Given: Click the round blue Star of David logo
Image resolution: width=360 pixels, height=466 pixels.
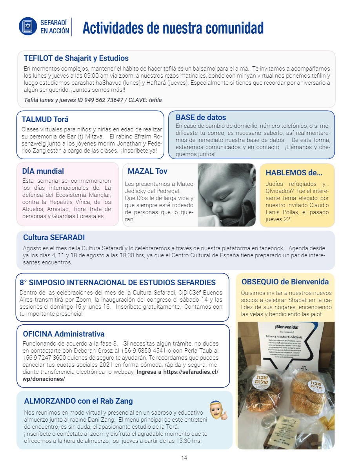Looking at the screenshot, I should [x=27, y=26].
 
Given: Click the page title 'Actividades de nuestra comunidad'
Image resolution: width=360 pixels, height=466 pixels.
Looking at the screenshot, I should [x=173, y=28].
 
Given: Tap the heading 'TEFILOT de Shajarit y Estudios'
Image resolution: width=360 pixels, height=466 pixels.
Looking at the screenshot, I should [x=76, y=58].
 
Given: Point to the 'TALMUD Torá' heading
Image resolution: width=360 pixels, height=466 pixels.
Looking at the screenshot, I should [x=45, y=120].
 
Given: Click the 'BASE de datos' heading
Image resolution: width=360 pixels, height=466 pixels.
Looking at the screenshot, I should [x=201, y=117].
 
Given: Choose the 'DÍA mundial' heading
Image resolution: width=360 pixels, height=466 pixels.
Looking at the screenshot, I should [x=43, y=171].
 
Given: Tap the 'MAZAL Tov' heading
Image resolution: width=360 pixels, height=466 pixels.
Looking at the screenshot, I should [x=147, y=171].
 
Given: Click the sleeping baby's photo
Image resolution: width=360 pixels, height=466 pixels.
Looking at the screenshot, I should [x=226, y=195].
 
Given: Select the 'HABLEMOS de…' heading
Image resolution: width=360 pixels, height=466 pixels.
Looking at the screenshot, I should [x=294, y=173].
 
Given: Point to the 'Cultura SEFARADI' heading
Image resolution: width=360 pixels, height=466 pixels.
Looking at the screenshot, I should [x=54, y=237].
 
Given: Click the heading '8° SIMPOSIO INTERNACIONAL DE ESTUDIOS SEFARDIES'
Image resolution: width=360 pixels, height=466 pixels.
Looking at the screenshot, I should [x=118, y=282].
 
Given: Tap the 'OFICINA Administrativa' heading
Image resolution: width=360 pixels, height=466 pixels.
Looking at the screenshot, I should [x=64, y=334].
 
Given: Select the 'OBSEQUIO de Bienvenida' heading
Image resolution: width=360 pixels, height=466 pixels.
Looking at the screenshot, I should [x=285, y=282].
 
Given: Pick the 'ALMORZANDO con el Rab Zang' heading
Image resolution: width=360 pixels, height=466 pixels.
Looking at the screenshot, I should [x=78, y=401].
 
